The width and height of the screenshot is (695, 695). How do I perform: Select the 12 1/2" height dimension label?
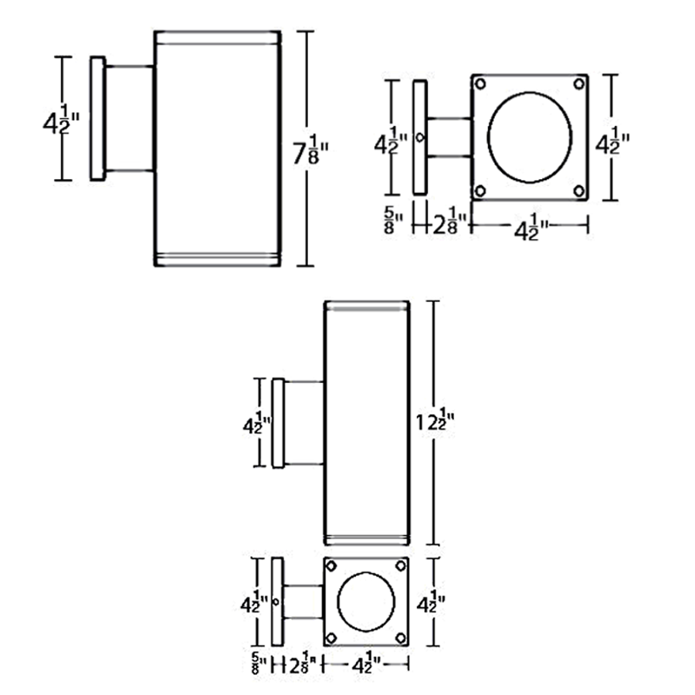(x=436, y=421)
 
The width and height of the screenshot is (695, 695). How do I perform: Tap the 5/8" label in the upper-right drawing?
(x=393, y=220)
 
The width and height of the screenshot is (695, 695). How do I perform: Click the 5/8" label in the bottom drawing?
(x=259, y=663)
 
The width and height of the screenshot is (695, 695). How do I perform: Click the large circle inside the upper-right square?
(x=529, y=137)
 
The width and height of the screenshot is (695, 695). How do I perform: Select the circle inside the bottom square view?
(x=366, y=602)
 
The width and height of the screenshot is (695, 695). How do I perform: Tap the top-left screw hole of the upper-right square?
(x=480, y=83)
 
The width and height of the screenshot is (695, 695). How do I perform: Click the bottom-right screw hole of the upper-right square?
(x=579, y=191)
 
